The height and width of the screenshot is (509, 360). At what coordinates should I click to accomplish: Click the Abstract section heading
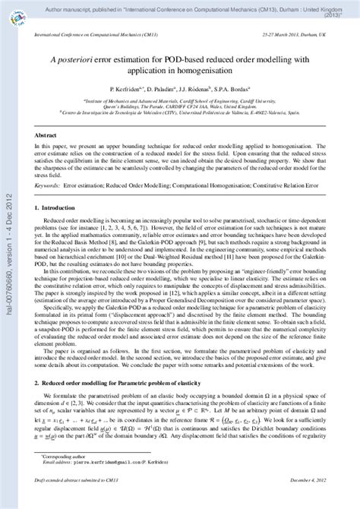tap(48, 132)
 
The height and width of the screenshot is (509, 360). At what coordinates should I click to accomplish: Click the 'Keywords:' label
tap(48, 185)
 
